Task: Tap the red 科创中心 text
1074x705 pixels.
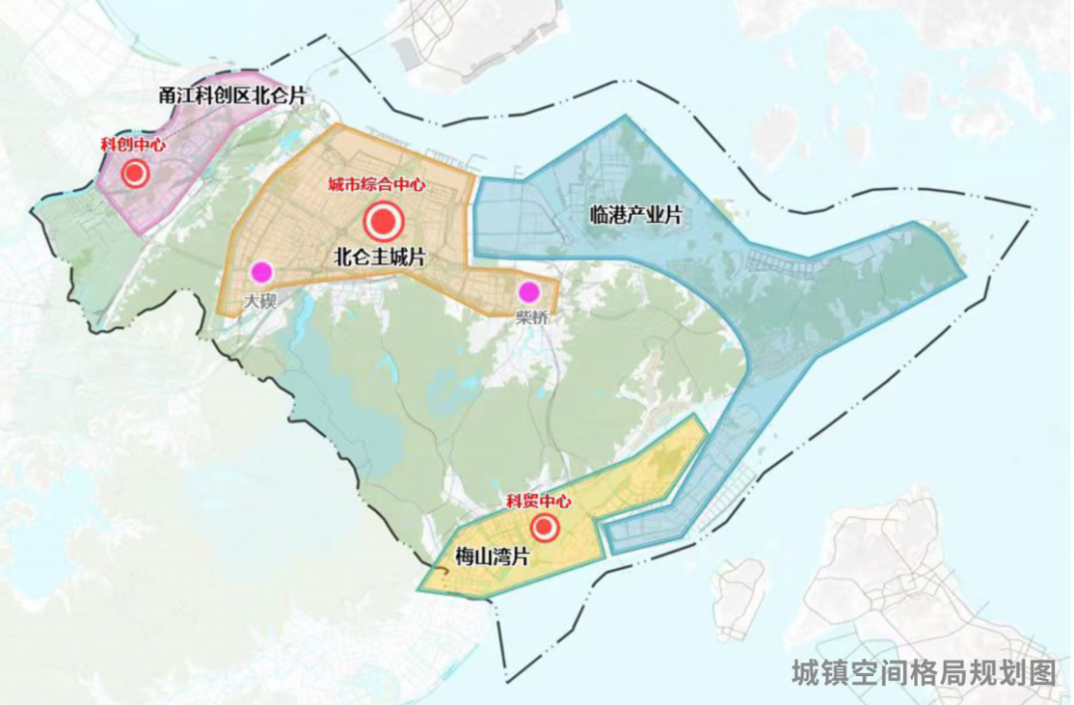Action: [x=133, y=145]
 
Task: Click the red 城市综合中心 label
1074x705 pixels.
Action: [x=378, y=185]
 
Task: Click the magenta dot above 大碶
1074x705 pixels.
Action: [x=262, y=270]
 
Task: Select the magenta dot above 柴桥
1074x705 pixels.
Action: [x=528, y=291]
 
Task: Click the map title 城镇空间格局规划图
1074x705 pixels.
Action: [x=924, y=673]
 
